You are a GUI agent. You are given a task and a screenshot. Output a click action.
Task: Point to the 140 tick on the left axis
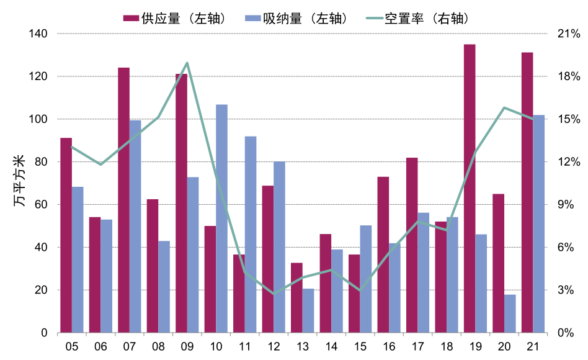click(38, 34)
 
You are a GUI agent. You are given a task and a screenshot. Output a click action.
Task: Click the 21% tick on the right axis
click(568, 34)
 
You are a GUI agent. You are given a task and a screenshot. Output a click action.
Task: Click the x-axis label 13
click(303, 346)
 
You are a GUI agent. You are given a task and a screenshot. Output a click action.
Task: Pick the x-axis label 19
click(476, 346)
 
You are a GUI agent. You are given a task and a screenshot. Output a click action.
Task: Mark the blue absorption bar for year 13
click(308, 310)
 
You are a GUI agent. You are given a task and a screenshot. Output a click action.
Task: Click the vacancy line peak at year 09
click(187, 63)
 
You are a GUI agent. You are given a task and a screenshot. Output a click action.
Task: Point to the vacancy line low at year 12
click(274, 294)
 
